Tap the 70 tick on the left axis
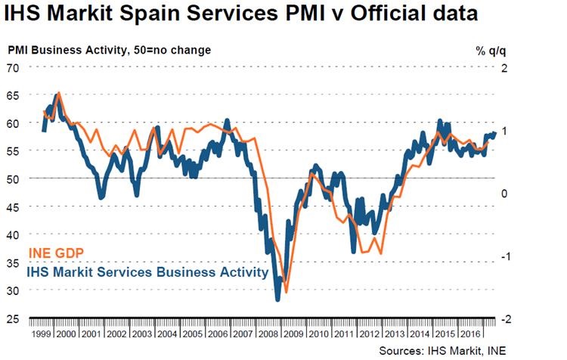coord(13,67)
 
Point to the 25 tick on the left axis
coord(13,318)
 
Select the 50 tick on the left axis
coord(13,178)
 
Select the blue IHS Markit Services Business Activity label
coord(147,272)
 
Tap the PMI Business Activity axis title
coord(110,51)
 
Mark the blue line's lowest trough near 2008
coord(277,299)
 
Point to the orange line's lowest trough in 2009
coord(287,290)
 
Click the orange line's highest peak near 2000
coord(60,94)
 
